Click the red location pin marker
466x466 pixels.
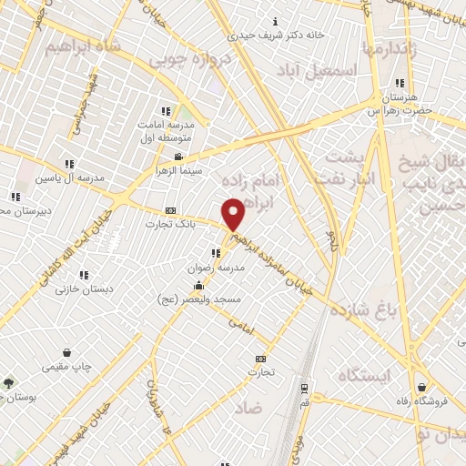[233, 214]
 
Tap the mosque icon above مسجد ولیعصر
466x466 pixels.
[199, 286]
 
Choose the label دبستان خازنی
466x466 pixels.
[79, 289]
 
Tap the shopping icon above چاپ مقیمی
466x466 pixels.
[66, 352]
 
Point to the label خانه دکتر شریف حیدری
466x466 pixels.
[277, 35]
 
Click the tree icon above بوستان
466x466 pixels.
[9, 383]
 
